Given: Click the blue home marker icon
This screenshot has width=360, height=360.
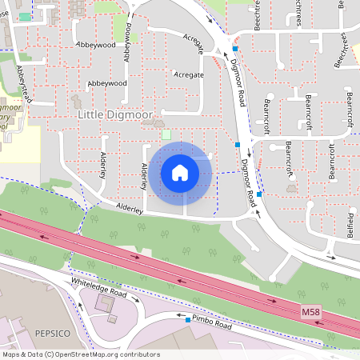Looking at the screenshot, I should (180, 172).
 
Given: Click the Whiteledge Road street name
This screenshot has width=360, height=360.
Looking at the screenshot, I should (99, 287).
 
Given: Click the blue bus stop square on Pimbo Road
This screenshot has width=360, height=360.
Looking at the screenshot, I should (188, 320).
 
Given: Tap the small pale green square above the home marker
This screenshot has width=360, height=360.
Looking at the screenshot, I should (166, 134).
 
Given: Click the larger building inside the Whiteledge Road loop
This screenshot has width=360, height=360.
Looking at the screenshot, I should (105, 304).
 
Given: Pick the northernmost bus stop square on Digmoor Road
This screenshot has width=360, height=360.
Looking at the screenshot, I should (234, 49).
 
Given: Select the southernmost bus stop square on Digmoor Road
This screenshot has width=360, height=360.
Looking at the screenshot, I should (259, 194).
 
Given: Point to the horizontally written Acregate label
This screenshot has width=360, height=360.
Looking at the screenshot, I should (188, 74).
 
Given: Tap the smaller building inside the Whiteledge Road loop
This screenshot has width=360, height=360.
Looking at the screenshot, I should (112, 318).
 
